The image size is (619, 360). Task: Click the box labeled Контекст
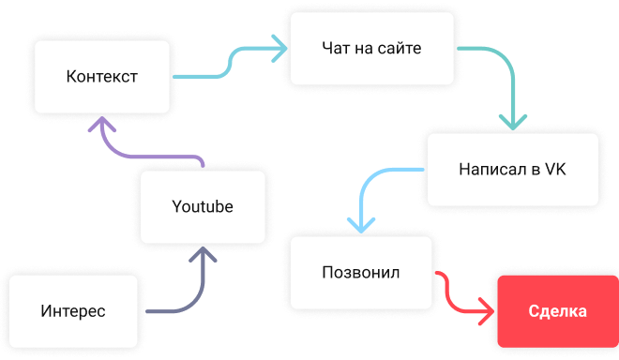[x=102, y=77]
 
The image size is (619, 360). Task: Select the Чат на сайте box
[x=372, y=48]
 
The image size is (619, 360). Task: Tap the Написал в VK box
[x=513, y=170]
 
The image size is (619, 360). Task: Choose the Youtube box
[x=203, y=207]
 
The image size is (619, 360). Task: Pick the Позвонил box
[x=361, y=273]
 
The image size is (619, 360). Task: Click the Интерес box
[x=73, y=311]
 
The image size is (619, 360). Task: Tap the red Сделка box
[x=558, y=311]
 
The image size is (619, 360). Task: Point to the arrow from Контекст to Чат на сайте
[x=230, y=63]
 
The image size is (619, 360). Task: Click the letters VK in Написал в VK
[x=555, y=170]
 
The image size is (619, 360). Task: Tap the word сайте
[x=400, y=48]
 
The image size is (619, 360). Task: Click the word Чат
[x=336, y=48]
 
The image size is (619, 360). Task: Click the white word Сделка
[x=558, y=311]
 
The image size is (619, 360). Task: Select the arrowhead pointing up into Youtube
[x=203, y=255]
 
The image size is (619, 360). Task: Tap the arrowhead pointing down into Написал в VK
[x=513, y=123]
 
